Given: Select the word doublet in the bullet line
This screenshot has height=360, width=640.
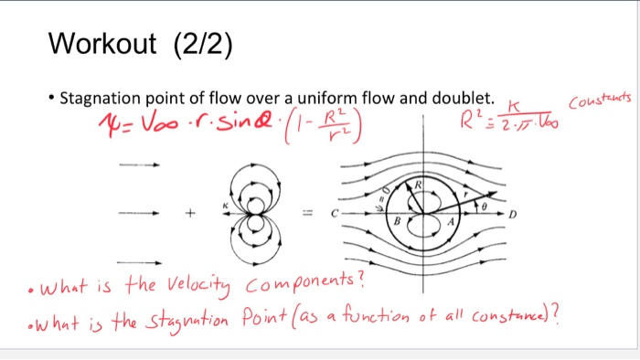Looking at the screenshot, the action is (464, 99).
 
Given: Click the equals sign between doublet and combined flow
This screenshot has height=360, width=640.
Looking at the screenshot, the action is (312, 215).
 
